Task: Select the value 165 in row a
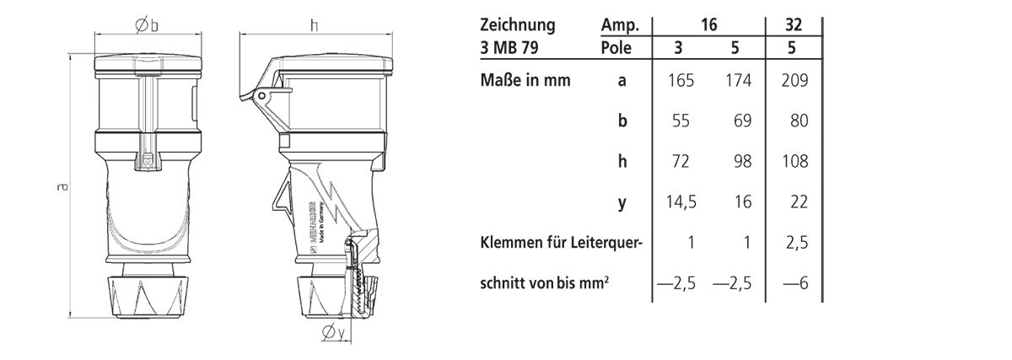click(x=681, y=81)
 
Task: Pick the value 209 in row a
click(x=795, y=81)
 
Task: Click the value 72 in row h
click(x=681, y=162)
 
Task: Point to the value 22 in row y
click(x=797, y=202)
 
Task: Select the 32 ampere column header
click(x=794, y=25)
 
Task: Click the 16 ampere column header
click(x=708, y=25)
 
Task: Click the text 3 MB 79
click(x=508, y=48)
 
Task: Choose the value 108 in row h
click(x=795, y=162)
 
